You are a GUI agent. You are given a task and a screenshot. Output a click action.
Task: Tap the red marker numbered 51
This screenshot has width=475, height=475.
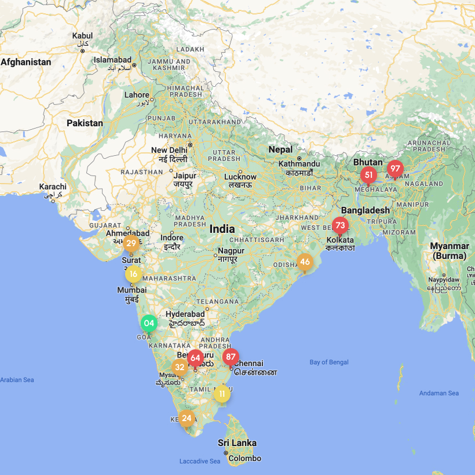(x=368, y=175)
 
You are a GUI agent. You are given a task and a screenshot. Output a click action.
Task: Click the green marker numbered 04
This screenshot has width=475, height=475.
(x=149, y=323)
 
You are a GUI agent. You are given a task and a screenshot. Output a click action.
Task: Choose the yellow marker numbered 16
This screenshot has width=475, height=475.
(x=133, y=274)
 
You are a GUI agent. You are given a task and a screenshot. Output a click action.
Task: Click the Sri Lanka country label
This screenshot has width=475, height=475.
(x=237, y=443)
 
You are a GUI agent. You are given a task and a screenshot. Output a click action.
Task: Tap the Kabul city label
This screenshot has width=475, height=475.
(x=82, y=36)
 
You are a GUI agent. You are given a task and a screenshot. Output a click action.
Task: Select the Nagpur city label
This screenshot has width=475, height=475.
(x=231, y=251)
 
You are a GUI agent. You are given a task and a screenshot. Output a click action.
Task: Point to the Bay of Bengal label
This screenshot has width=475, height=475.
(x=329, y=362)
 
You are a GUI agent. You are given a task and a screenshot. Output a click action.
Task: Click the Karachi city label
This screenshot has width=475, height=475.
(x=53, y=187)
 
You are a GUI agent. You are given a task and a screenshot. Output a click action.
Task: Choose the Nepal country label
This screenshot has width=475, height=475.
(x=280, y=149)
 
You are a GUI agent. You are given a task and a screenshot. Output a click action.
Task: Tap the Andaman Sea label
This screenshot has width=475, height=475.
(x=439, y=393)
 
